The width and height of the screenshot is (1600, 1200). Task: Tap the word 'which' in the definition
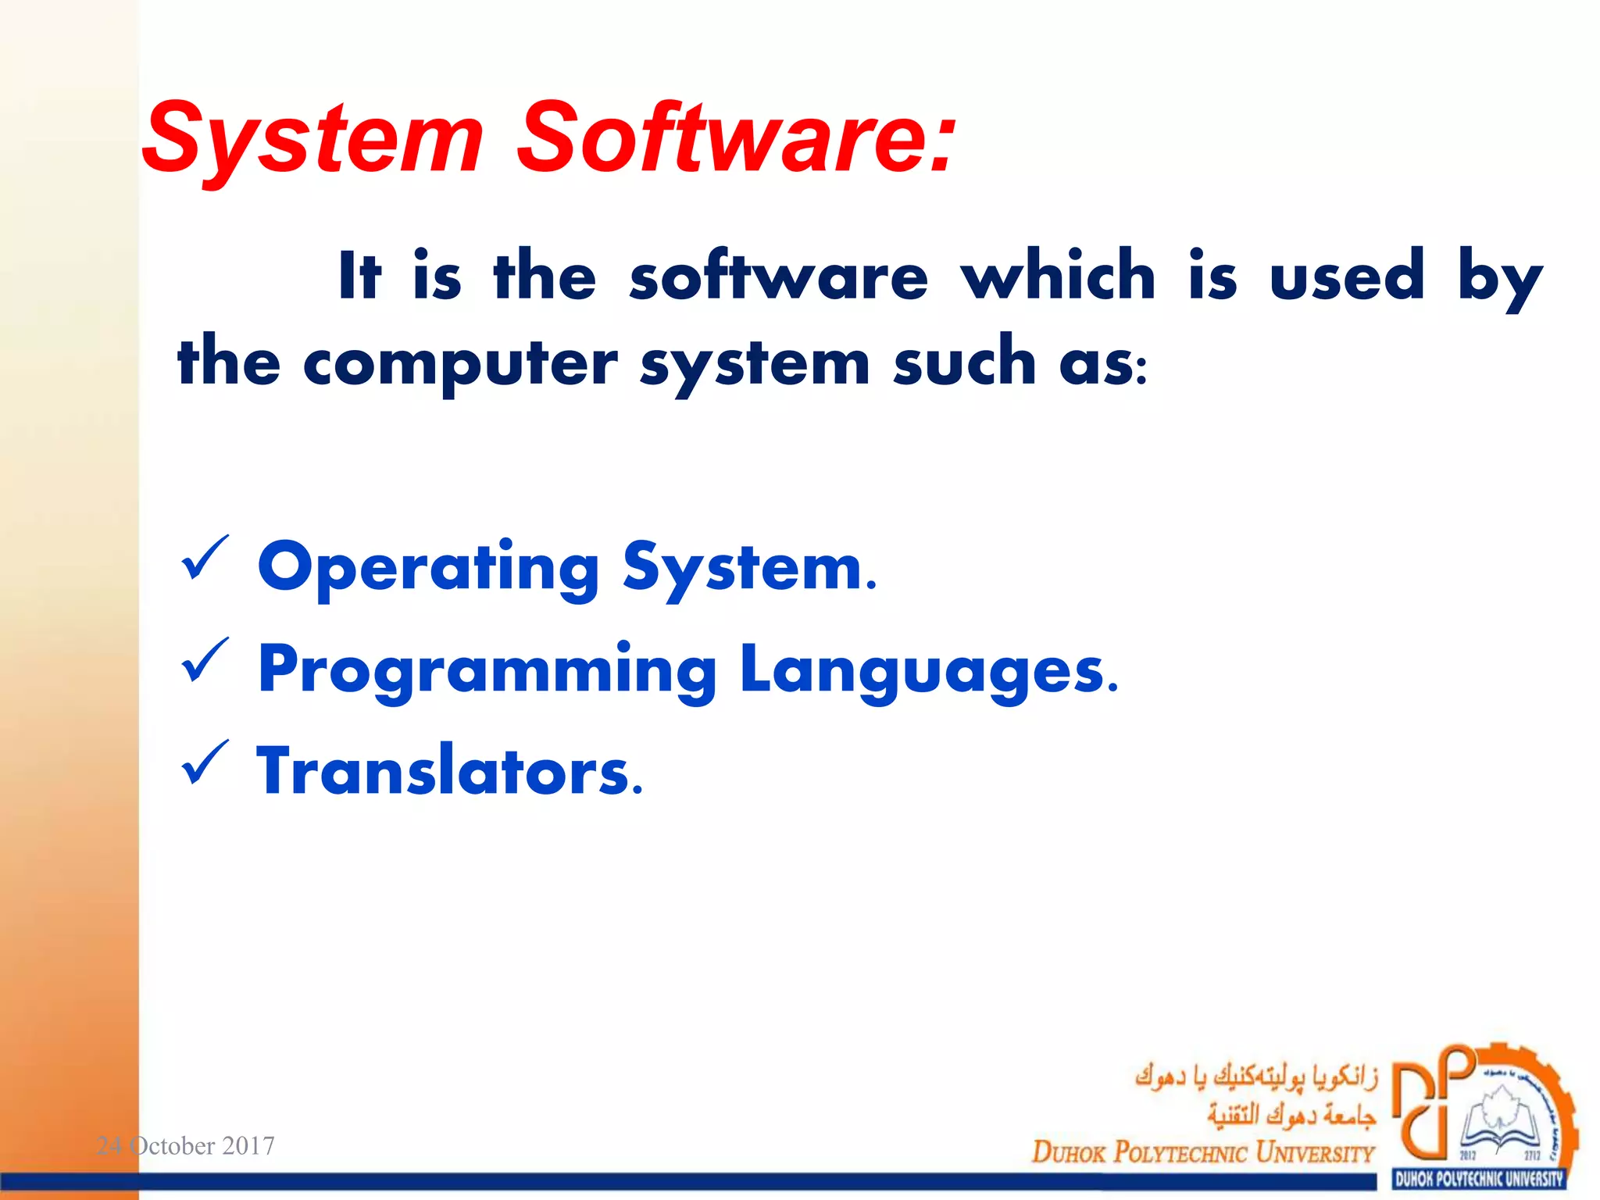[x=1058, y=275]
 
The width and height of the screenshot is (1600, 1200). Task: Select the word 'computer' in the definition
[x=460, y=364]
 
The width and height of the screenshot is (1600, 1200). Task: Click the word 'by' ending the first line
[x=1500, y=278]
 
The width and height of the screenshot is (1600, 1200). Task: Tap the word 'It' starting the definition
[x=360, y=275]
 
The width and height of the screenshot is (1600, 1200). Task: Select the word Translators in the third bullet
[x=449, y=772]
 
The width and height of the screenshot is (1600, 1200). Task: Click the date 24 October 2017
[x=185, y=1146]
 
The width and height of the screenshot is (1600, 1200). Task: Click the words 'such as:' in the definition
[x=1020, y=364]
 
